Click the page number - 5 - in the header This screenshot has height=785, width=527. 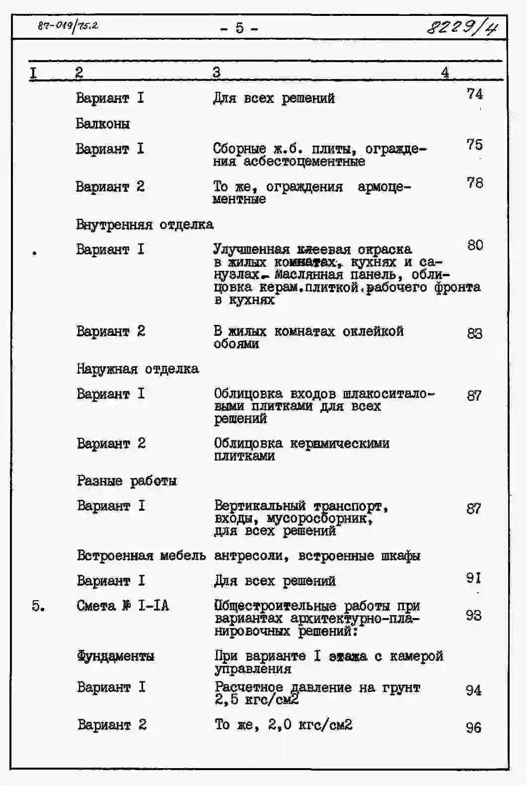(239, 28)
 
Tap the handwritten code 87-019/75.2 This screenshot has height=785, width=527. (68, 25)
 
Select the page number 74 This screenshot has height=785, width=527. (474, 93)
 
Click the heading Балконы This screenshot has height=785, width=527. (103, 123)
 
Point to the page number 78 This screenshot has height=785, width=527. (474, 183)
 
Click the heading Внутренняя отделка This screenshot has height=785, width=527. (145, 225)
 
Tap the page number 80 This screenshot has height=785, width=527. (474, 245)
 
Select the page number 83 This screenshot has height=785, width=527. (474, 333)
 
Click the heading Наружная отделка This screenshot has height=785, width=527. (138, 369)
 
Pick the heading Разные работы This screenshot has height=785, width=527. (127, 481)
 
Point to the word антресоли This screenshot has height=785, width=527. (251, 555)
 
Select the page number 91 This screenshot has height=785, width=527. (473, 578)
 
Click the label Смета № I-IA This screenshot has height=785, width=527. (123, 606)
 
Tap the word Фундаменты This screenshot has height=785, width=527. (115, 656)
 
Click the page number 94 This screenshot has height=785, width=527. (473, 690)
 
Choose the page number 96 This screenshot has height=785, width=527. (473, 728)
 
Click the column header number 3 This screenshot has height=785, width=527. (216, 73)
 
